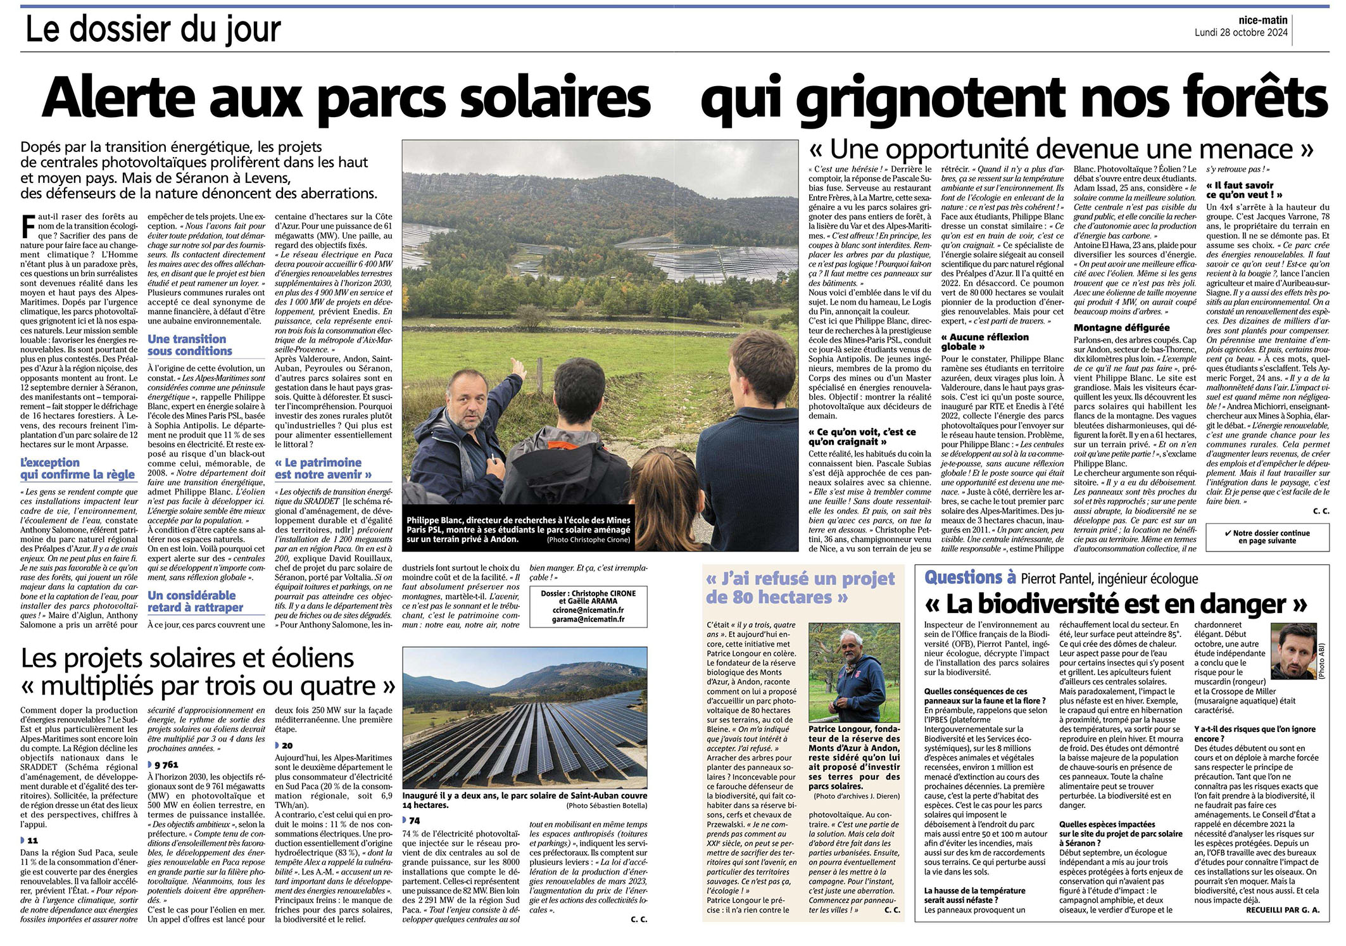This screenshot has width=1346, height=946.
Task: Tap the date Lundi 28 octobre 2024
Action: coord(1241,33)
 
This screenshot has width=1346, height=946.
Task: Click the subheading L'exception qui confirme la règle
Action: coord(77,469)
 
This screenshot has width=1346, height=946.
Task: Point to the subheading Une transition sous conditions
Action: coord(190,345)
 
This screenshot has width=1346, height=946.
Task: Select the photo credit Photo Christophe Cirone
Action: coord(588,540)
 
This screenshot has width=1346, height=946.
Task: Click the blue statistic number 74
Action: coord(414,821)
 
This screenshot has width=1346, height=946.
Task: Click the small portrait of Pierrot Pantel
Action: coord(1294,652)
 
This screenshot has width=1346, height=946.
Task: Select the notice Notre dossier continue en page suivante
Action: coord(1267,537)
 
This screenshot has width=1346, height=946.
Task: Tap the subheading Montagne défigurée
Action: coord(1121,327)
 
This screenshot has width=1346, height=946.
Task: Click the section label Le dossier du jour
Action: coord(153,29)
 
